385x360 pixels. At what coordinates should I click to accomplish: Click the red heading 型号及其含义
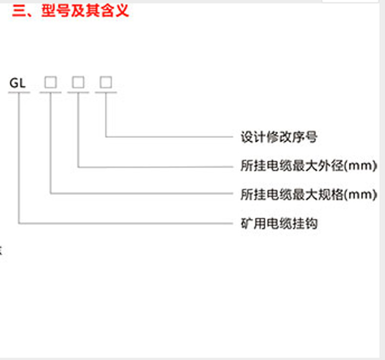click(85, 11)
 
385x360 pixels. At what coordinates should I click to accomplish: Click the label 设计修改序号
click(279, 137)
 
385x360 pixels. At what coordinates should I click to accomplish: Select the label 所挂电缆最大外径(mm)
click(309, 166)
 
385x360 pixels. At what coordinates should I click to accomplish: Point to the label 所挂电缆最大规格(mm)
click(309, 194)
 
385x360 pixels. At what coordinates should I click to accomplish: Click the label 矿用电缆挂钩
click(279, 224)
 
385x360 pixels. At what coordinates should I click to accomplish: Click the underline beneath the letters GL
click(19, 92)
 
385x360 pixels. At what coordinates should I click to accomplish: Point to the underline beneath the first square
click(51, 92)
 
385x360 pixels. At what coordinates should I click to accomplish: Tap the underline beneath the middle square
click(78, 92)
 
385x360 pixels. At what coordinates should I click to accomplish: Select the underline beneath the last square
click(106, 92)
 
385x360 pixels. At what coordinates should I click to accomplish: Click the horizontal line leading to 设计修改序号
click(171, 137)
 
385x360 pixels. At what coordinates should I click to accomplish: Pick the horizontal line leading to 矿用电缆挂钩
click(127, 224)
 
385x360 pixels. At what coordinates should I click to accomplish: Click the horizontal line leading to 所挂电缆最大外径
click(156, 167)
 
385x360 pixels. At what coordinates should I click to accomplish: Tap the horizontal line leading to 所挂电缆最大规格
click(141, 194)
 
